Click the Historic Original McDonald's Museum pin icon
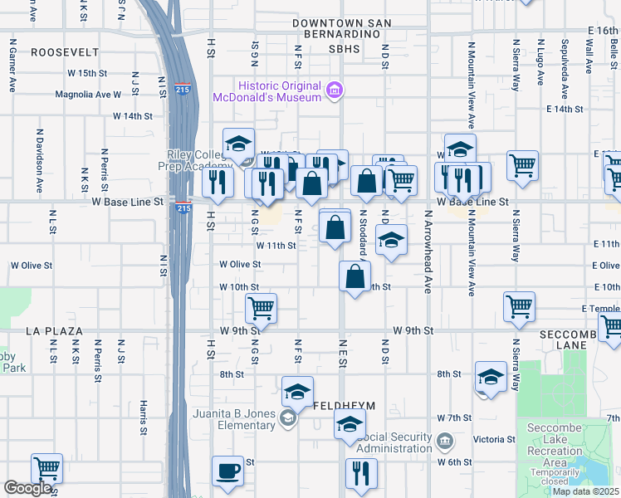click(x=335, y=90)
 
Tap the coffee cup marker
click(x=227, y=472)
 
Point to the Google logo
click(x=27, y=488)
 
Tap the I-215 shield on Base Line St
click(x=182, y=207)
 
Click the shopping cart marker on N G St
click(x=261, y=308)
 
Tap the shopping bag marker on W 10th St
click(x=355, y=278)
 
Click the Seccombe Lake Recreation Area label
click(x=555, y=445)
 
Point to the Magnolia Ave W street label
click(x=88, y=95)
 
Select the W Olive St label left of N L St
click(x=32, y=266)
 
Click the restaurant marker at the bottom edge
click(x=361, y=474)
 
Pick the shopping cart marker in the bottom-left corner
click(x=46, y=470)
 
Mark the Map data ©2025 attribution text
click(x=584, y=491)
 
